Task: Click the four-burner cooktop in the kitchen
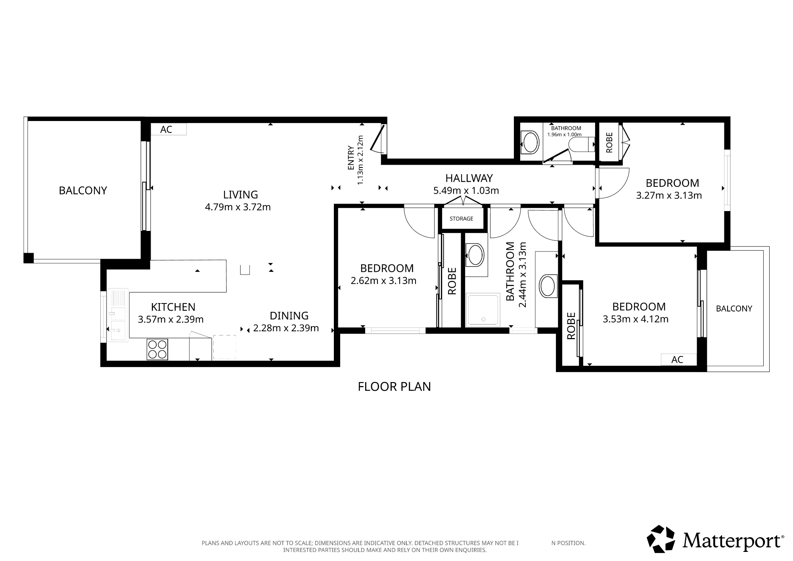[x=157, y=349]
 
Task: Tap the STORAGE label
[x=461, y=219]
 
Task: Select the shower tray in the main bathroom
[x=483, y=309]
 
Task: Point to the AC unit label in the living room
[x=166, y=129]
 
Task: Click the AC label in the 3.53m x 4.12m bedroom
[x=677, y=359]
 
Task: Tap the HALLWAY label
[x=469, y=178]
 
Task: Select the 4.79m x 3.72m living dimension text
[x=238, y=207]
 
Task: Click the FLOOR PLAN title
[x=394, y=386]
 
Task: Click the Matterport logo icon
[x=661, y=539]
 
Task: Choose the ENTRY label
[x=351, y=158]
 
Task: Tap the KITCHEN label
[x=173, y=307]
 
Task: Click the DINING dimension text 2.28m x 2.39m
[x=286, y=328]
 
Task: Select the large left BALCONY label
[x=83, y=190]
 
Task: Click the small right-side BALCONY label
[x=734, y=309]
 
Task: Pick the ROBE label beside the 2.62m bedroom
[x=452, y=281]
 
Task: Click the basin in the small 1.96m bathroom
[x=530, y=142]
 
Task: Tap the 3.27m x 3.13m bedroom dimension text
[x=669, y=196]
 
